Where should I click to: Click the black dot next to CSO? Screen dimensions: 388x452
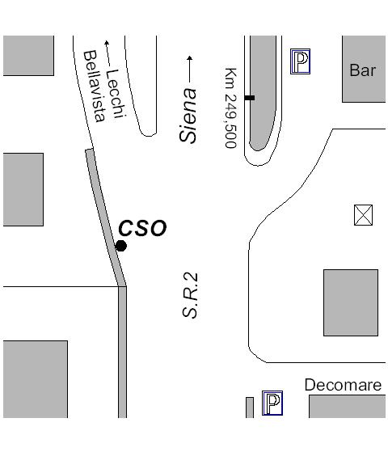121,246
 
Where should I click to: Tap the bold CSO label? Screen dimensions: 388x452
142,228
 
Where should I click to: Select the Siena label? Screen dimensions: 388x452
188,116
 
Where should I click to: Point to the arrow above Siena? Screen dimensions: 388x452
189,70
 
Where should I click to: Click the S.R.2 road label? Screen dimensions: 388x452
190,295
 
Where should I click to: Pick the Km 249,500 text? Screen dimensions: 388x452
231,108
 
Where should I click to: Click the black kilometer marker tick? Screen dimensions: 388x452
250,98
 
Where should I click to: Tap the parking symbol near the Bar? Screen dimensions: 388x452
301,61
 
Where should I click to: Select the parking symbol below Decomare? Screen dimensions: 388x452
272,403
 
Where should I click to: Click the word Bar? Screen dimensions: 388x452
363,70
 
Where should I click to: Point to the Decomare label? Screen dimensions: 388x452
343,385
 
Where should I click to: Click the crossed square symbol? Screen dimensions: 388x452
363,215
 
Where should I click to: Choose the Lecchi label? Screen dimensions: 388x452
116,94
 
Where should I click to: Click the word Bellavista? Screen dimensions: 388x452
95,87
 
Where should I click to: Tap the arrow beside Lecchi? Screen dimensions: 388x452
108,53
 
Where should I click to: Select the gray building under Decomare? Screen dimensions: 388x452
347,407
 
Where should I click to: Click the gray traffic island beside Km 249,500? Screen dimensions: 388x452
263,92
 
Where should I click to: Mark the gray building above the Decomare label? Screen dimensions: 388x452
351,302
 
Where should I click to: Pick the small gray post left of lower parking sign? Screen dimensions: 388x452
250,408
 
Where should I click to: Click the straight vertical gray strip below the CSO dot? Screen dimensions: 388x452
123,353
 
